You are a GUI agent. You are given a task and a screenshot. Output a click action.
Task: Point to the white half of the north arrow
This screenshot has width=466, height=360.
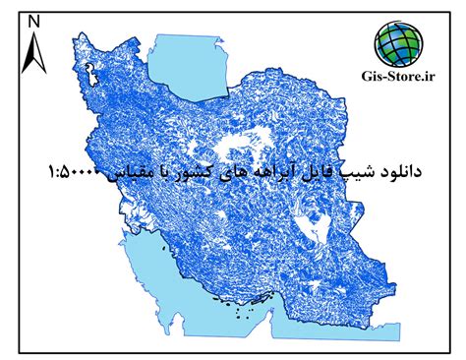coord(38,52)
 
